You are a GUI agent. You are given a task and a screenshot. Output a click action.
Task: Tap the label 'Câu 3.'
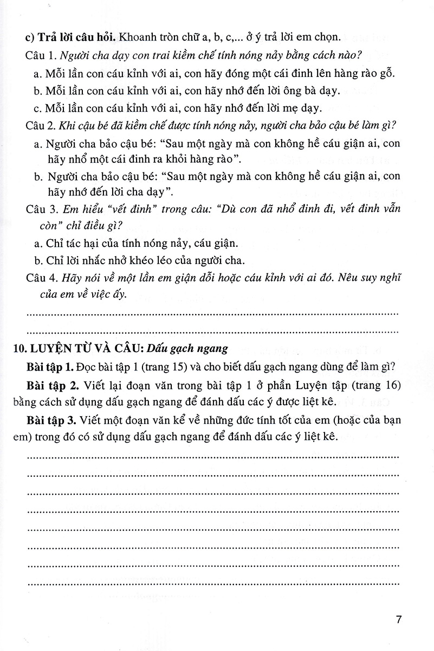tap(41, 210)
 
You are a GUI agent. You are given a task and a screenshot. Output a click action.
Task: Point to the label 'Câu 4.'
tap(41, 278)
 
